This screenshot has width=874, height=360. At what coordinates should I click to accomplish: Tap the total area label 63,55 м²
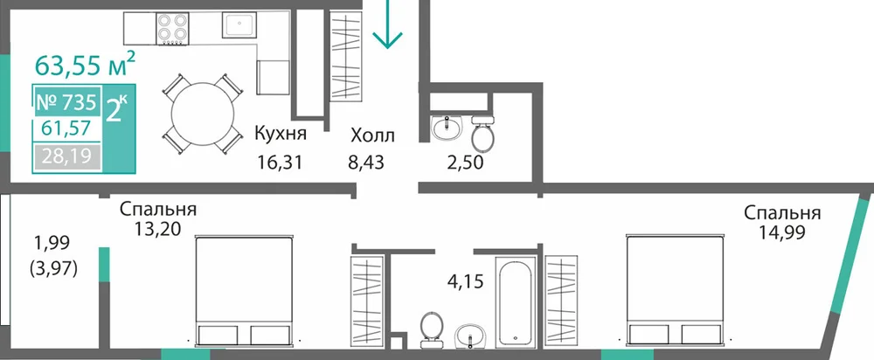pos(85,64)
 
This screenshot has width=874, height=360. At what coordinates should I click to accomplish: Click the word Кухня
pos(281,135)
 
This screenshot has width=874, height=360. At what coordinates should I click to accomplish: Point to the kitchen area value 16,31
pos(280,163)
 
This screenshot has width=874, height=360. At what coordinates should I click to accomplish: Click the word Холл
pos(372,135)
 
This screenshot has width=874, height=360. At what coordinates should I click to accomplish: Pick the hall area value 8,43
pos(367,163)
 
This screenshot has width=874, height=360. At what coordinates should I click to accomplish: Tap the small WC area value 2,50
pos(465,163)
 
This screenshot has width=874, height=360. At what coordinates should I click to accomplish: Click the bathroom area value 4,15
pos(464,279)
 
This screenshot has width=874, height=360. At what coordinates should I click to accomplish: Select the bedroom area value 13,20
pos(157,228)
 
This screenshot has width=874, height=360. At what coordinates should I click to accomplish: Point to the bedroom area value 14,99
pos(781,232)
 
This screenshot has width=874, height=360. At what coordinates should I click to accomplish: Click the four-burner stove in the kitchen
pos(171,29)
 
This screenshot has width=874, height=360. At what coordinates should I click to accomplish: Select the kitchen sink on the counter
pos(240,24)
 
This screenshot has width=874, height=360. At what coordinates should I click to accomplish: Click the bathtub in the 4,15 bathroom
pos(517,302)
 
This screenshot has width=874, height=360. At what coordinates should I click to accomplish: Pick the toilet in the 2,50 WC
pos(482,132)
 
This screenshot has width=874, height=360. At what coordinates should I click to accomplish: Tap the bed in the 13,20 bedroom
pos(244,292)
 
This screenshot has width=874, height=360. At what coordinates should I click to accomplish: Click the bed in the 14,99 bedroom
pos(676,292)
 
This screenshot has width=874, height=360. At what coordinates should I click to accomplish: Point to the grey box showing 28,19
pos(67,156)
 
